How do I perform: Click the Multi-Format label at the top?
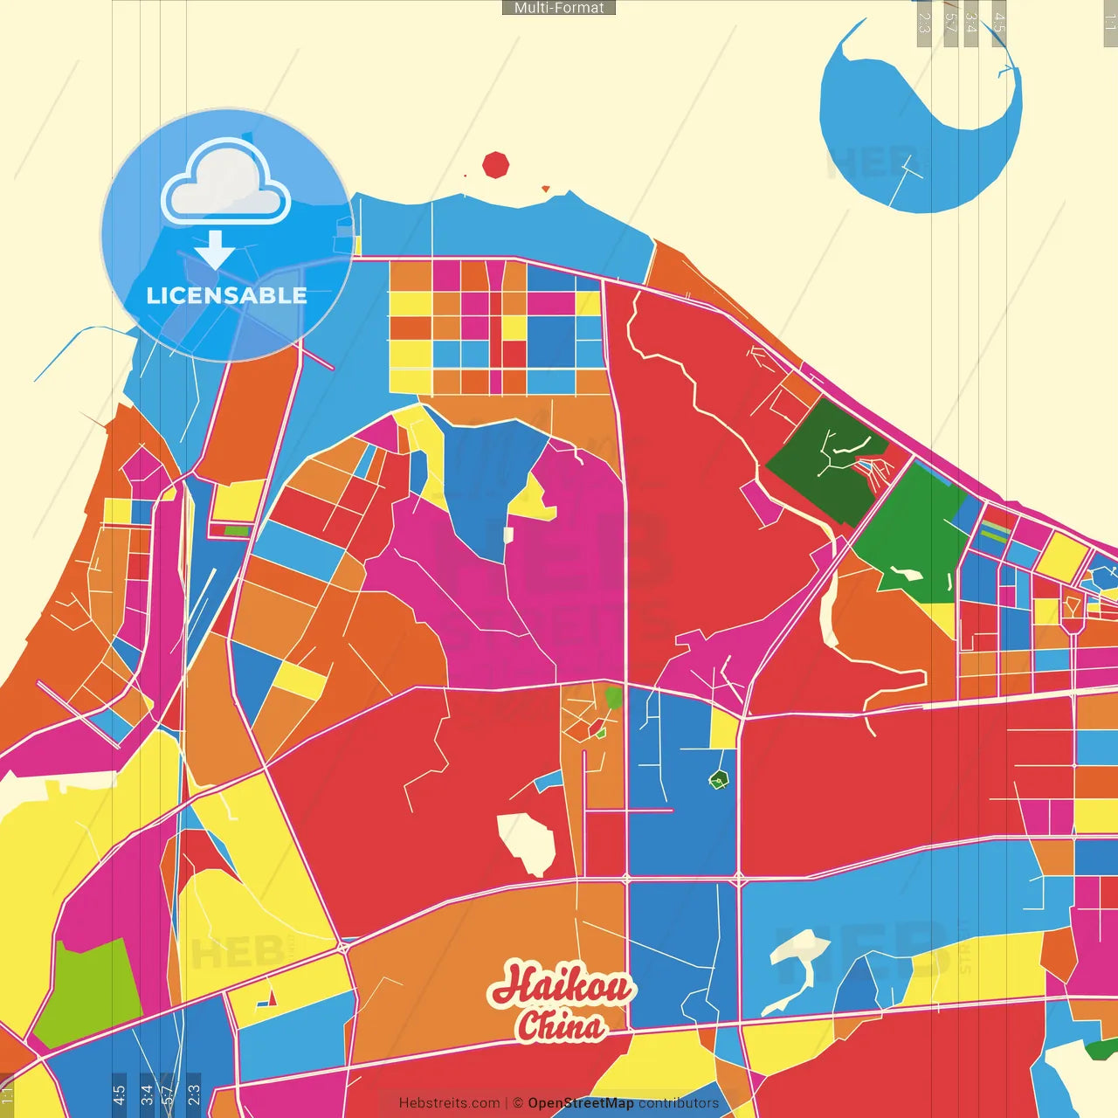(559, 8)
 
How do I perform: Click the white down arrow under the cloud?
(214, 250)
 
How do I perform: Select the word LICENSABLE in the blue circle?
(226, 296)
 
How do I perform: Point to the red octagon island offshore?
(495, 164)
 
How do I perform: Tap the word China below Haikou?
(561, 1025)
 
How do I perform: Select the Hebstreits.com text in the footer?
(449, 1103)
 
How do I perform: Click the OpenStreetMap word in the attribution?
(581, 1103)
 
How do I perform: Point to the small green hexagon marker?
(718, 779)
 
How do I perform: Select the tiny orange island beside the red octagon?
(546, 189)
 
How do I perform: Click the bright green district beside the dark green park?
(913, 533)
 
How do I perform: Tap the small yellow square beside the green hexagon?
(723, 728)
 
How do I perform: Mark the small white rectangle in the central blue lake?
(508, 535)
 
